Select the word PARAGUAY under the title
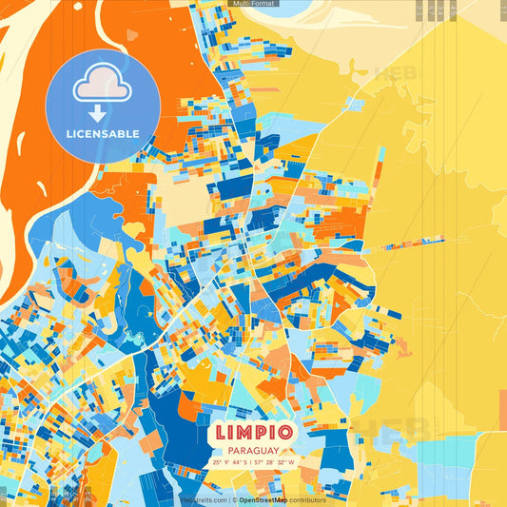(x=252, y=451)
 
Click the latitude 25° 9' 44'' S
(x=229, y=463)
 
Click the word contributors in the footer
(x=307, y=499)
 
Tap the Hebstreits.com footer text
(x=204, y=499)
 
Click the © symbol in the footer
(x=234, y=499)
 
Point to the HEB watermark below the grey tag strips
(x=395, y=73)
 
